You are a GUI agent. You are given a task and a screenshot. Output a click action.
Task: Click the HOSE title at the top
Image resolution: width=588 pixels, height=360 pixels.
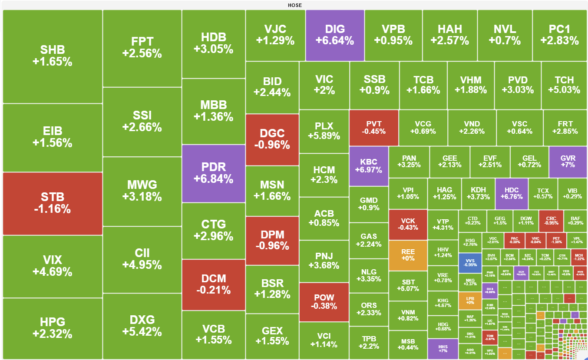(x=294, y=5)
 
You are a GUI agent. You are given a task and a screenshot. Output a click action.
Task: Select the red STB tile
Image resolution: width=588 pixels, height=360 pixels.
(x=52, y=203)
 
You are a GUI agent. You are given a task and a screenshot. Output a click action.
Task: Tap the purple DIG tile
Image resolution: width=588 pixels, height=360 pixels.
(x=335, y=35)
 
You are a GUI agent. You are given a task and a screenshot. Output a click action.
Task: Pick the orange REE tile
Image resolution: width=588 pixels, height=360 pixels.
(x=408, y=255)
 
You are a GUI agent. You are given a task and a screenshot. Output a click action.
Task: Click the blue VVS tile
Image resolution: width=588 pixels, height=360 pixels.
(x=470, y=262)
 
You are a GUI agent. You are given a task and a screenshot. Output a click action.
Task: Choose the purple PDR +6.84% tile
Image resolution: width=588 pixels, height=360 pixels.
(x=214, y=173)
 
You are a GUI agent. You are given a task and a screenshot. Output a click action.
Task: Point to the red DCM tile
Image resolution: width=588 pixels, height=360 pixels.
(x=214, y=284)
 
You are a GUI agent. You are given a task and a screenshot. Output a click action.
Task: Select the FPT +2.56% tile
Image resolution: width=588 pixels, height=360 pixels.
(x=142, y=48)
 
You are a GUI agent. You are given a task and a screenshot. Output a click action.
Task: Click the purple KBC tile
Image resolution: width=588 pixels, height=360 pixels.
(x=369, y=165)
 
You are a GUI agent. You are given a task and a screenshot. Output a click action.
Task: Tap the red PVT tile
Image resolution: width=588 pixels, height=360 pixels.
(x=373, y=128)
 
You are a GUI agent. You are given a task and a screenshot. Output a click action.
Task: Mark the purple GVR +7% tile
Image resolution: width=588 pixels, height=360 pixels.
(x=568, y=162)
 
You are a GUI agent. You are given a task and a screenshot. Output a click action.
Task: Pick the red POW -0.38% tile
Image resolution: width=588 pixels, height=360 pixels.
(x=324, y=302)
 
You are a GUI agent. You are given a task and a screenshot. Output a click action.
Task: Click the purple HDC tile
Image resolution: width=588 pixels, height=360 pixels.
(x=512, y=194)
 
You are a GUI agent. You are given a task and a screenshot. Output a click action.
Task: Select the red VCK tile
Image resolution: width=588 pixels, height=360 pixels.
(x=408, y=224)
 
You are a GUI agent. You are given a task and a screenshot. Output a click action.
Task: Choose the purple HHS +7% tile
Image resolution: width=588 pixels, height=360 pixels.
(x=443, y=349)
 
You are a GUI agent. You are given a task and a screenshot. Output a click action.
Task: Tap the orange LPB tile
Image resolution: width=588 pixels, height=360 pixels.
(x=470, y=301)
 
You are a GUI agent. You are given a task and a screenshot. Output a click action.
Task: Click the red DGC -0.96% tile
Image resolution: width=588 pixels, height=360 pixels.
(x=272, y=139)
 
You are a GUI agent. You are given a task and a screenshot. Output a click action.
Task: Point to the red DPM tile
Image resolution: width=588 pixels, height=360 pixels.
(x=272, y=240)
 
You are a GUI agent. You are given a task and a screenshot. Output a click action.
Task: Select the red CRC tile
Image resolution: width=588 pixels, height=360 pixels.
(x=551, y=221)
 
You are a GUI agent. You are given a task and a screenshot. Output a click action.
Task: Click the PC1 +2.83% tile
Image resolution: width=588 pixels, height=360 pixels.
(x=559, y=35)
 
